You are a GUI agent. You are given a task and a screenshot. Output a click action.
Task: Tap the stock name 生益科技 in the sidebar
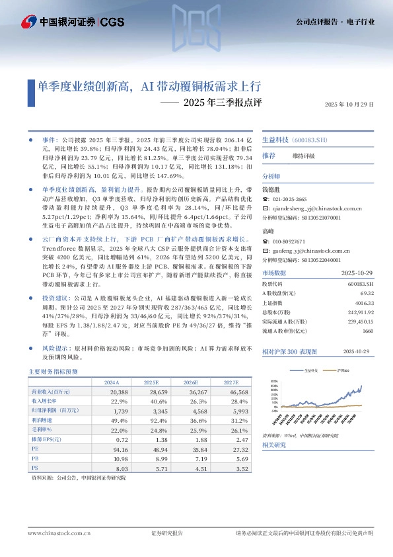275,140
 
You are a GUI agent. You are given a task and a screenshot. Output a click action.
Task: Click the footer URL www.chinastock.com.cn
54,533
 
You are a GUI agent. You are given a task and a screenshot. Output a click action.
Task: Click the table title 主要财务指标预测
54,372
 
